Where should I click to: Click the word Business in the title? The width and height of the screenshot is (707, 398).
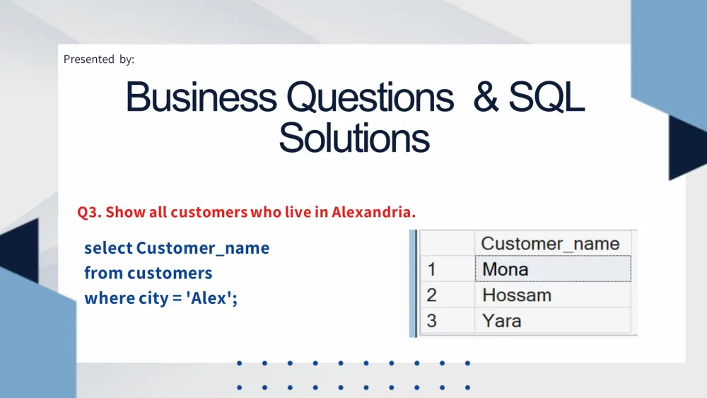(201, 97)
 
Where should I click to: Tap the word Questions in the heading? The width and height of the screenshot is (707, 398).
(370, 98)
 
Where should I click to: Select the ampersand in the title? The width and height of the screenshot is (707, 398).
(486, 97)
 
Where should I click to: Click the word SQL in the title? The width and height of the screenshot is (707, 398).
(547, 97)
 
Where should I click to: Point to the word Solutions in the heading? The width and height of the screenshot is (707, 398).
(354, 138)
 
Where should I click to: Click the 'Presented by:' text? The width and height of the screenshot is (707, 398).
(99, 59)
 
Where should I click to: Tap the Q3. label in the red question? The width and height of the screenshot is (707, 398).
(89, 212)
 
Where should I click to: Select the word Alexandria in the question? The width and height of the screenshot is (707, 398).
(374, 212)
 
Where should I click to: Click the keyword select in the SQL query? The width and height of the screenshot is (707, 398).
(108, 248)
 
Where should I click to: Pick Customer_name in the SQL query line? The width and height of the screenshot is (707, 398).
(203, 248)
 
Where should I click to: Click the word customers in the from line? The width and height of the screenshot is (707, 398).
(170, 273)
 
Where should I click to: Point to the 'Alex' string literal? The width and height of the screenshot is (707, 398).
(209, 298)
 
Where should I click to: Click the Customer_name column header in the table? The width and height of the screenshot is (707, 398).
(550, 244)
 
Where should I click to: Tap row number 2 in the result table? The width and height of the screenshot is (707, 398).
(431, 295)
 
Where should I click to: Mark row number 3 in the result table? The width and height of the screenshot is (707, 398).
(431, 321)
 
